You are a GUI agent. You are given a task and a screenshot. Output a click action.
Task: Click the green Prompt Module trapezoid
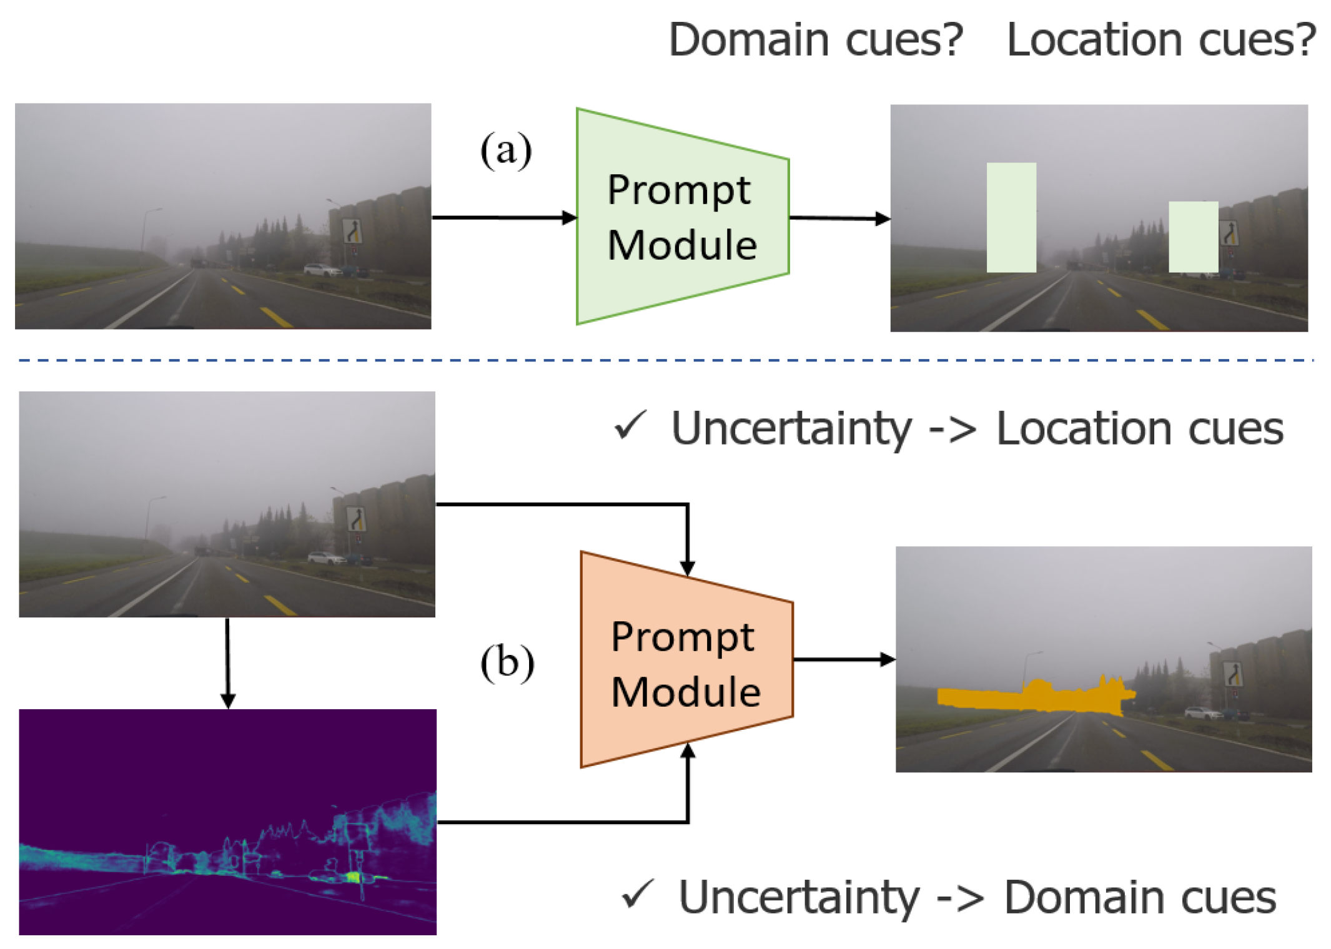pyautogui.click(x=681, y=217)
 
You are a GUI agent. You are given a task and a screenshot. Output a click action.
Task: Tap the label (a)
pyautogui.click(x=505, y=150)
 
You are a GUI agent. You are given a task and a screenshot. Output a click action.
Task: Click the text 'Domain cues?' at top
pyautogui.click(x=815, y=40)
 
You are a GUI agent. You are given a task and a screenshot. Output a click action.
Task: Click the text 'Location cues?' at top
pyautogui.click(x=1160, y=40)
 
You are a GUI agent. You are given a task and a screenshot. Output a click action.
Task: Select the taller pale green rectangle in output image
pyautogui.click(x=1011, y=217)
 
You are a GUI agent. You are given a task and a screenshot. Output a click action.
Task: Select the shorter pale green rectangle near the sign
pyautogui.click(x=1192, y=237)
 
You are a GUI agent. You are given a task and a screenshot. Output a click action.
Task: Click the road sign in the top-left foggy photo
pyautogui.click(x=352, y=231)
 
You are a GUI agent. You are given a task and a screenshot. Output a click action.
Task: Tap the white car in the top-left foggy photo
pyautogui.click(x=322, y=270)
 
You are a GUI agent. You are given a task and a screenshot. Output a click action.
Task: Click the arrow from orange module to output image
pyautogui.click(x=843, y=659)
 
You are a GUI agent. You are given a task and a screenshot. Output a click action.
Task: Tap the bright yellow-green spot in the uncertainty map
pyautogui.click(x=354, y=877)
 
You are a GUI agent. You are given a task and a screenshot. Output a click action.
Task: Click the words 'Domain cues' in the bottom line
pyautogui.click(x=1139, y=897)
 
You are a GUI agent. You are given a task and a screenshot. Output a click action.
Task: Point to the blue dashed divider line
pyautogui.click(x=665, y=360)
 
